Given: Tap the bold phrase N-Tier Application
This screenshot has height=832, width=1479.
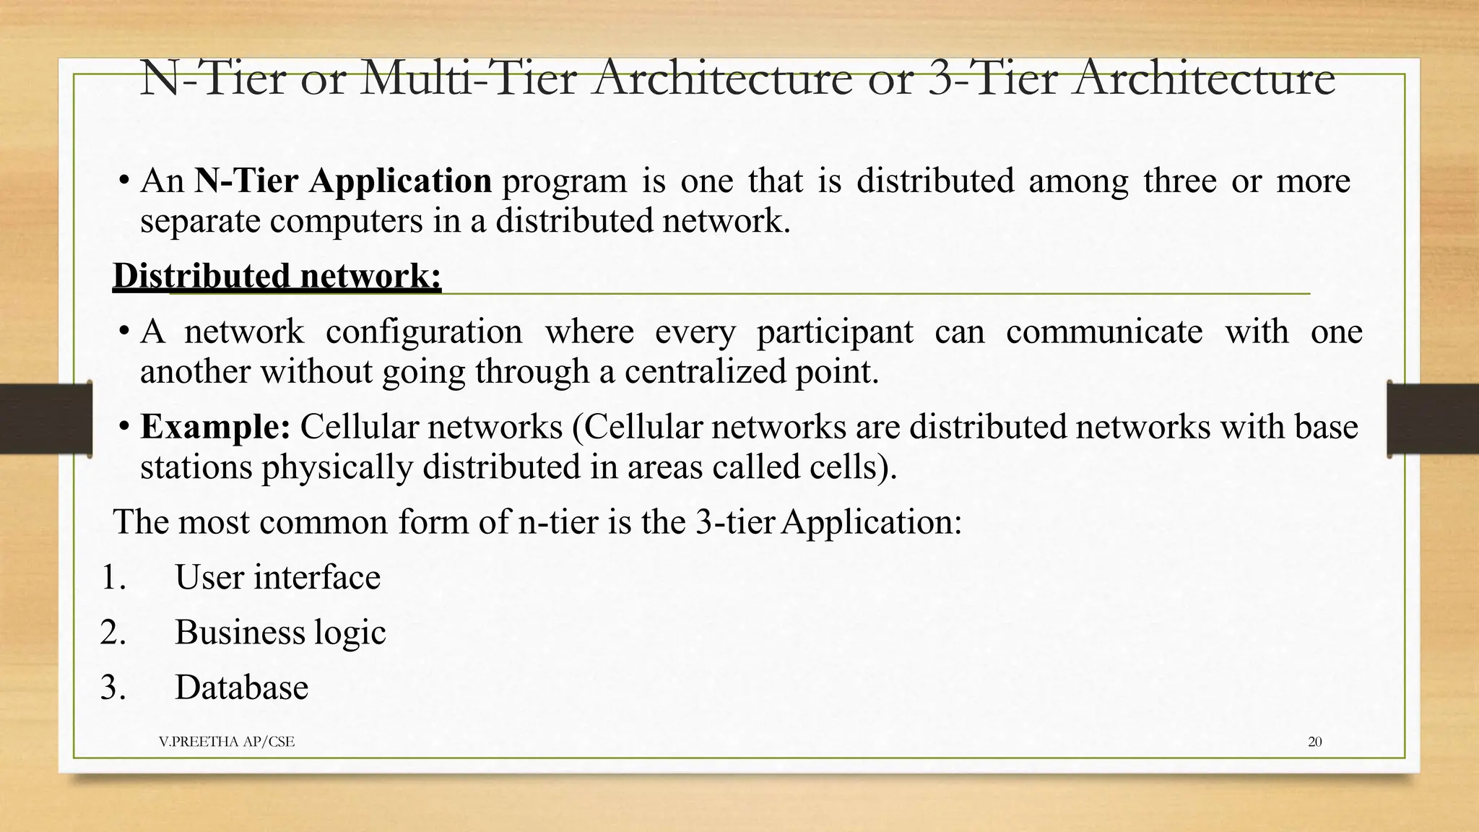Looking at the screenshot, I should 343,181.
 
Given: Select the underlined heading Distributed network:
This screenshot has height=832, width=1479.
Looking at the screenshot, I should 277,276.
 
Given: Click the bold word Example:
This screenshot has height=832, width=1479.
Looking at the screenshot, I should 215,427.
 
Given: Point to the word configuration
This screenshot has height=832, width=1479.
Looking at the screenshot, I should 424,332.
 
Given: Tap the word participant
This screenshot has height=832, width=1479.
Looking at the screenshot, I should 834,332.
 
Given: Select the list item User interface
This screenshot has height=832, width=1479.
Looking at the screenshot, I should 277,577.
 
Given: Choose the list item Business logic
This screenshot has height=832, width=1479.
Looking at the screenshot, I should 280,632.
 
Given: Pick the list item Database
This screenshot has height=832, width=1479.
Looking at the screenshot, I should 241,687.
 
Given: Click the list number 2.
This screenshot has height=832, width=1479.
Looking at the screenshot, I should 113,632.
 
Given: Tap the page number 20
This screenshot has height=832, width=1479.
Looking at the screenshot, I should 1314,742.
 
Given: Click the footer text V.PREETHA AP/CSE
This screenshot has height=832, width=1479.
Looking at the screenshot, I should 226,742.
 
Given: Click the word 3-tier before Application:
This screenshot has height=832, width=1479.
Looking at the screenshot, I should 736,521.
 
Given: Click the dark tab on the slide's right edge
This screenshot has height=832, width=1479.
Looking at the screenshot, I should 1432,419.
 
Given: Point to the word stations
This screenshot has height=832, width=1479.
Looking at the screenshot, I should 196,467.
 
